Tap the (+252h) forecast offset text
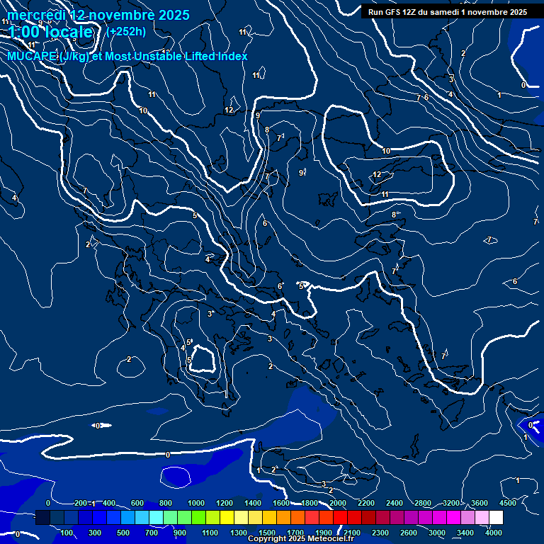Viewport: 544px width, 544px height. tap(126, 31)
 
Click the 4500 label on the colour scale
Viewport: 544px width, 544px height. tap(508, 503)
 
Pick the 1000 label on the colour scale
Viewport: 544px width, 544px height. tap(196, 503)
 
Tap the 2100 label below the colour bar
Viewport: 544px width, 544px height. tap(352, 533)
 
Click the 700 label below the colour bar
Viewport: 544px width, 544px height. tap(152, 533)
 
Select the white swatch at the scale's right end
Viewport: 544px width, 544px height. tap(496, 518)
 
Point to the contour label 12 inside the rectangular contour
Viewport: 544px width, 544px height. tap(378, 174)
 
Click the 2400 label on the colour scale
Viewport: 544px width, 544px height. tap(395, 503)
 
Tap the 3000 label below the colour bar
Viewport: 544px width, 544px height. tap(437, 533)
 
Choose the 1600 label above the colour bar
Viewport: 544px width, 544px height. tap(281, 503)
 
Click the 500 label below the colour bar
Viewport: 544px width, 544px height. tap(123, 533)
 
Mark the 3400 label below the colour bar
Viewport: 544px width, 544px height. tap(465, 533)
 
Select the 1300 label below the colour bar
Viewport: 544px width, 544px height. tap(239, 533)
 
